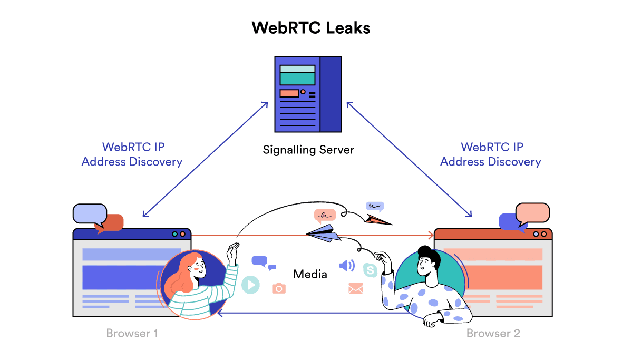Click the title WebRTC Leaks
pos(311,27)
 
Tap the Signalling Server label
pos(308,150)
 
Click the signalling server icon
pos(308,94)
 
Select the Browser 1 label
pos(132,333)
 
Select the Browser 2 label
pos(493,333)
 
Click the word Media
pos(310,274)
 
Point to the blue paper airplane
pos(323,233)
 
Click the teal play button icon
pos(250,285)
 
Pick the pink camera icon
pos(279,288)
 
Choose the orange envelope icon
pos(356,288)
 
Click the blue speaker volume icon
pos(347,265)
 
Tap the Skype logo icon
pos(371,270)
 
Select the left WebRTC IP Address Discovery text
pos(132,154)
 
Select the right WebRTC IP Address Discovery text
pos(491,154)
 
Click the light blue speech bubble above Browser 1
pos(90,213)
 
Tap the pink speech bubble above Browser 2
pos(532,212)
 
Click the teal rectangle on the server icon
pos(297,79)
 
